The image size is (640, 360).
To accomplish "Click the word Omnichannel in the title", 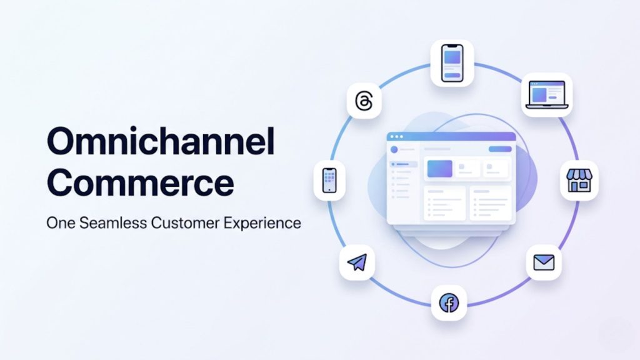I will point(161,142).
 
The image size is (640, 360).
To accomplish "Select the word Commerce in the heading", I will point(141,184).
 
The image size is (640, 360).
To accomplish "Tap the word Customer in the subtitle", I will point(181,223).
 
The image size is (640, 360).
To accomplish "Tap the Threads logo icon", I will point(364,101).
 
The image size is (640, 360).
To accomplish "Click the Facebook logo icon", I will point(449,304).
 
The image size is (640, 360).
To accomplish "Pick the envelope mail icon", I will point(544,262).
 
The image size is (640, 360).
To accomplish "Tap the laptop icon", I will point(547,94).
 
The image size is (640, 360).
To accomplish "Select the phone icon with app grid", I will point(330,180).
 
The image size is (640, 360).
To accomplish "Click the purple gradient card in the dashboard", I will point(439,168).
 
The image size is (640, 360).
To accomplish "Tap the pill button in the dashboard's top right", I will point(499,149).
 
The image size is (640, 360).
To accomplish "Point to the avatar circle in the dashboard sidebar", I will point(394,150).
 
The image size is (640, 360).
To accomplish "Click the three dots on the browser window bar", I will point(396,136).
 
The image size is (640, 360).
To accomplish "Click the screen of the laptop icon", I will point(547,92).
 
